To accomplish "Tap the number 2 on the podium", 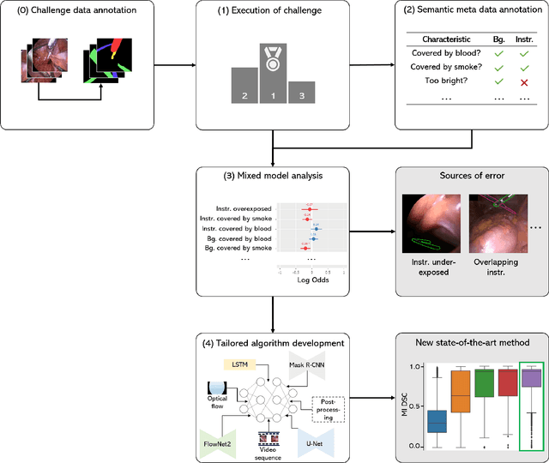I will coord(245,96).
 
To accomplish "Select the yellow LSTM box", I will coord(239,364).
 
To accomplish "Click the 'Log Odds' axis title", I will coord(312,279).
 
